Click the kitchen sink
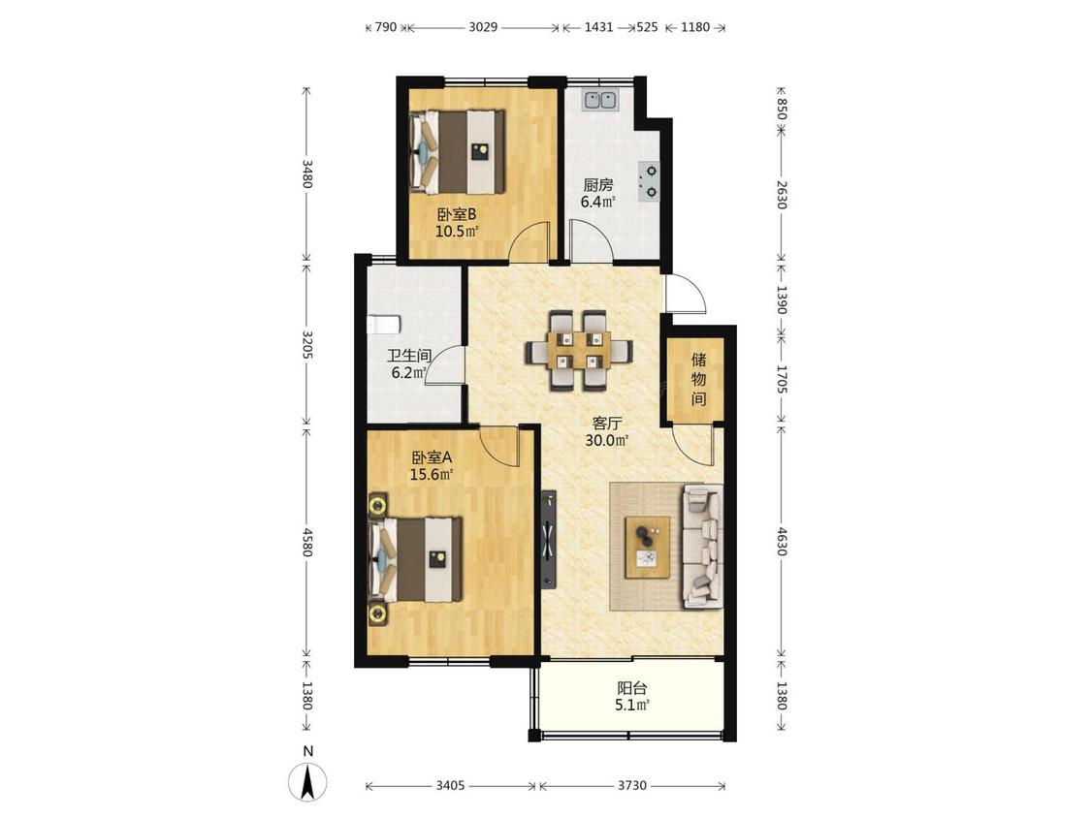pos(599,100)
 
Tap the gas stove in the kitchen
pos(649,181)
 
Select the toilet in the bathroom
pos(383,324)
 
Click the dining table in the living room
pos(579,350)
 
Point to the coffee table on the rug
pos(648,547)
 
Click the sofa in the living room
pos(702,547)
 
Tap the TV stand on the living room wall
pos(548,539)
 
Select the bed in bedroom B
pos(457,151)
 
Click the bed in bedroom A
pos(415,559)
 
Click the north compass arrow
pos(308,780)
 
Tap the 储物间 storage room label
pos(698,379)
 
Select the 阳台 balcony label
pos(631,689)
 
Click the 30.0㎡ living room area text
pos(607,440)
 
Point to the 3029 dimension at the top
pos(483,27)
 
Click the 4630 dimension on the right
pos(781,541)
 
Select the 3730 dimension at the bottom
pos(631,786)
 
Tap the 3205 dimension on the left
pos(307,344)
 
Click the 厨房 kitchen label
pos(597,185)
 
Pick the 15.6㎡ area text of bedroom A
pos(432,475)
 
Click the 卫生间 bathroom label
pos(409,356)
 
